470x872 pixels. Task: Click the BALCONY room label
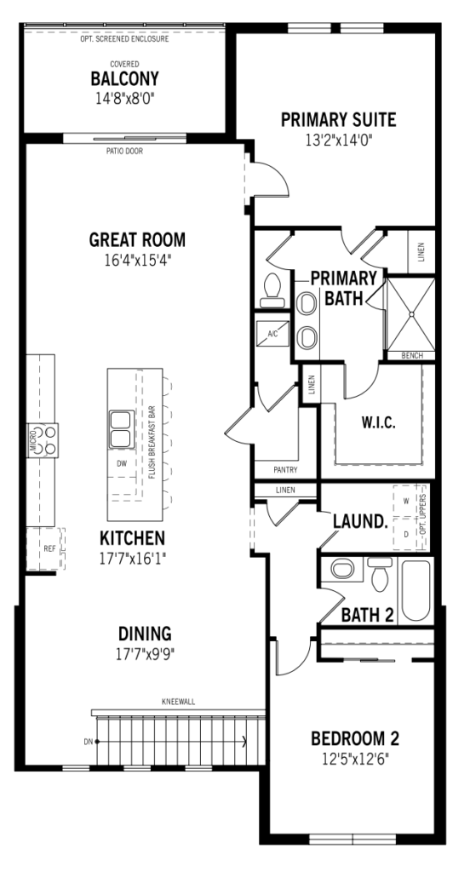click(x=124, y=79)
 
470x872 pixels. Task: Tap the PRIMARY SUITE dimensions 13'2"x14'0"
click(x=338, y=140)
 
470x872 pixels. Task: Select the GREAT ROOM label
click(x=137, y=239)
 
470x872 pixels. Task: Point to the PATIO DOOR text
click(x=124, y=152)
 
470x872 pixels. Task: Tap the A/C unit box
click(x=272, y=333)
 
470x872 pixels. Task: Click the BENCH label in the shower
click(x=411, y=356)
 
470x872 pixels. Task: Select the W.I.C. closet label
click(x=379, y=422)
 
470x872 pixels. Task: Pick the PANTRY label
click(x=285, y=470)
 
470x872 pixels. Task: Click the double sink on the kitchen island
click(x=122, y=428)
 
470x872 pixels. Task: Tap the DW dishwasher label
click(x=122, y=462)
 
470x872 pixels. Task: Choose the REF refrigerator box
click(x=46, y=549)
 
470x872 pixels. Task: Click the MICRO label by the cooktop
click(x=33, y=440)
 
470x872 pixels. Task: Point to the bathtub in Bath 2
click(x=416, y=590)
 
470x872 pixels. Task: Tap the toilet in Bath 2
click(x=380, y=575)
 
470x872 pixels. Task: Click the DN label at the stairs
click(x=88, y=742)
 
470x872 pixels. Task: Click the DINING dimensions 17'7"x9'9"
click(x=145, y=654)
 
